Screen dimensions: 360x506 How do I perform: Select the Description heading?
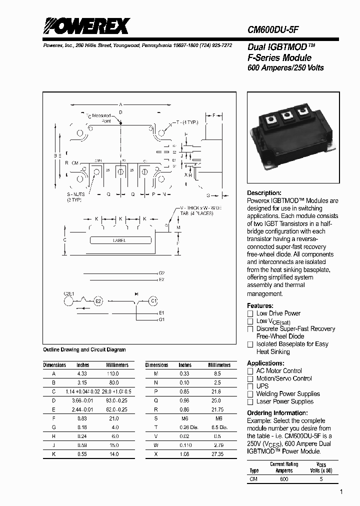264,193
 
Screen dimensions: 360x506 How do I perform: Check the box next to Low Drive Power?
250,313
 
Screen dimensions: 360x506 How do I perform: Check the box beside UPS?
250,386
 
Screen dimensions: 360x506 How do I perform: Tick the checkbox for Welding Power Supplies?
250,394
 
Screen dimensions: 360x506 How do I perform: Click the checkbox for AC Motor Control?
250,371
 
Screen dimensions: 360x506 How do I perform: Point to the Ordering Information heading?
277,413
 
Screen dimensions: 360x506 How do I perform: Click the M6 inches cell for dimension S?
184,418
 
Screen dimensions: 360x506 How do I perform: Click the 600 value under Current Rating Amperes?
284,478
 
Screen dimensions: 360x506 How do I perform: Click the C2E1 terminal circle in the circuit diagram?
68,301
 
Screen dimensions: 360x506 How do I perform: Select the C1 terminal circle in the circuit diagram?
154,301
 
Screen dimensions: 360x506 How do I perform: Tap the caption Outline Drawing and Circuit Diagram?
84,349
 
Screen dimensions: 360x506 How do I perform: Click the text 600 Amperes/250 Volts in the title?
285,67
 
